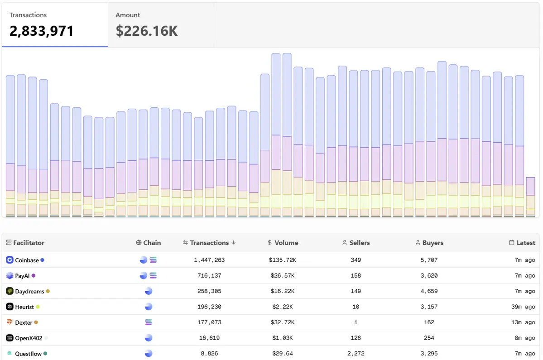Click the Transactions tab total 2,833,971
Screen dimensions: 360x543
42,31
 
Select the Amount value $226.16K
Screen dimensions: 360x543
147,31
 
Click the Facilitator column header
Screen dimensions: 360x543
29,243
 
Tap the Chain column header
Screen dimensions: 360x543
152,243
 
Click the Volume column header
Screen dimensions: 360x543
286,243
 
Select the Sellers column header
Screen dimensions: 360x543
359,243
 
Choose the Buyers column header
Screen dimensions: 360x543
432,243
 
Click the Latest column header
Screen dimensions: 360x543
525,243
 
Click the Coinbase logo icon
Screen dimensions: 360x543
10,260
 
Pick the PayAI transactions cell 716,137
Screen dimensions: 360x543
209,276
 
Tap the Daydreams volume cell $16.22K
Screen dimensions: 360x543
284,291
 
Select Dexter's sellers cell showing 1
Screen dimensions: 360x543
356,322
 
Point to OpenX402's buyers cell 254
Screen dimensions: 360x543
429,338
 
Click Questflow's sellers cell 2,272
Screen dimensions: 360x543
356,353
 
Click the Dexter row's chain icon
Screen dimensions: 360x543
148,322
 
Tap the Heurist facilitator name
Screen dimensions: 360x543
24,307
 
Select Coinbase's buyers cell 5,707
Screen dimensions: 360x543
429,260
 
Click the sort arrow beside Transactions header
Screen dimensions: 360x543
234,243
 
